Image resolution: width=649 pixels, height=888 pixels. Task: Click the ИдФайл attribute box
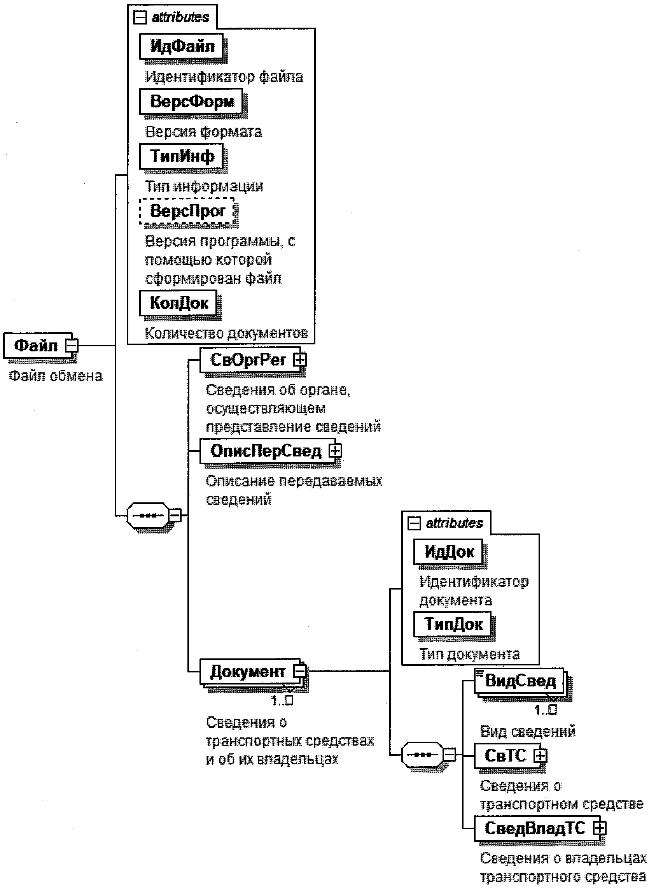pyautogui.click(x=182, y=46)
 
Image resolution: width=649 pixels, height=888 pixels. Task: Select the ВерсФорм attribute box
pyautogui.click(x=191, y=102)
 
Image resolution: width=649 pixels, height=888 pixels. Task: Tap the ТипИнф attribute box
pyautogui.click(x=182, y=156)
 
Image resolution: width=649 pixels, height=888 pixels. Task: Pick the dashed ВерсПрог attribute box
pyautogui.click(x=187, y=211)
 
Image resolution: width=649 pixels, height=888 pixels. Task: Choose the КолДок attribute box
pyautogui.click(x=178, y=303)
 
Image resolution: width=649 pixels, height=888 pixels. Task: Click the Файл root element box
pyautogui.click(x=36, y=346)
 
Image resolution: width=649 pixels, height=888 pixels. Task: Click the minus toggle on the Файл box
pyautogui.click(x=72, y=346)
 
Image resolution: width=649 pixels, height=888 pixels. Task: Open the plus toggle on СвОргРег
pyautogui.click(x=301, y=359)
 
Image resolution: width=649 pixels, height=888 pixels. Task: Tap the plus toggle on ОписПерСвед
pyautogui.click(x=336, y=451)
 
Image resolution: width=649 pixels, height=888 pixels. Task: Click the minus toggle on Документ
pyautogui.click(x=300, y=671)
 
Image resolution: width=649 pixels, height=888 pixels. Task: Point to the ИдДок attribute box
pyautogui.click(x=449, y=552)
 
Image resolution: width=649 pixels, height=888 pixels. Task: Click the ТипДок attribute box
pyautogui.click(x=453, y=624)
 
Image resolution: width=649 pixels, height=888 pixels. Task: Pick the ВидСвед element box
pyautogui.click(x=520, y=681)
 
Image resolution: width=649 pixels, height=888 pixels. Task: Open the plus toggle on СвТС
pyautogui.click(x=541, y=755)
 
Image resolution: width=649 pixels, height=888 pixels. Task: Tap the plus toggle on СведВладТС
pyautogui.click(x=600, y=828)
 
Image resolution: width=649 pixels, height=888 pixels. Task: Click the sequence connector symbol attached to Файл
pyautogui.click(x=147, y=515)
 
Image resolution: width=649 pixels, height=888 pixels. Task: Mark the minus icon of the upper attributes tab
pyautogui.click(x=140, y=17)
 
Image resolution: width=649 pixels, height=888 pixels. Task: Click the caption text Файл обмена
pyautogui.click(x=55, y=376)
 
